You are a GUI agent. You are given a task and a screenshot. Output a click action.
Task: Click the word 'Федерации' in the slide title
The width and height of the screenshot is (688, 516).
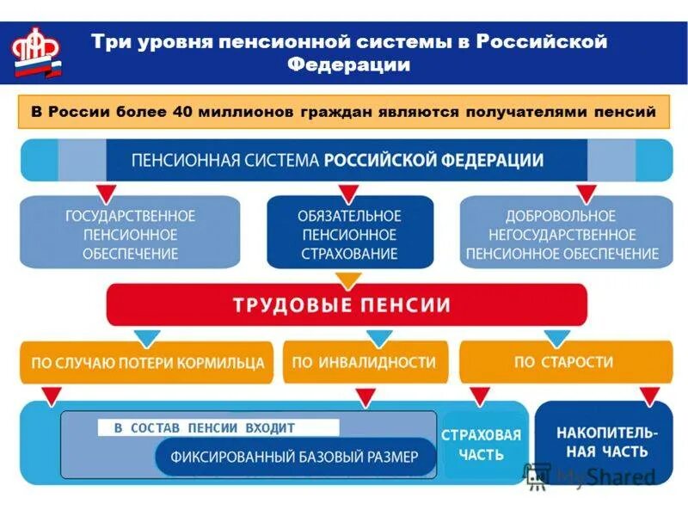tap(347, 64)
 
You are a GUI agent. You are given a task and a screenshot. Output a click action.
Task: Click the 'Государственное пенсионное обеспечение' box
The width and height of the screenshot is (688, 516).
tap(130, 234)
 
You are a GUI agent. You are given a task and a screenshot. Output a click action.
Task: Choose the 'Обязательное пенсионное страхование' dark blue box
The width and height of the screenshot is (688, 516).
tap(349, 234)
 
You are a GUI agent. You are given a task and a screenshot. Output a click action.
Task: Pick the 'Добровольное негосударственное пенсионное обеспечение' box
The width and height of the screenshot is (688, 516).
tap(562, 234)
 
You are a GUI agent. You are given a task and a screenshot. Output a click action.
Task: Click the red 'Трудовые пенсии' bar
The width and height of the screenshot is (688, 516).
tap(347, 304)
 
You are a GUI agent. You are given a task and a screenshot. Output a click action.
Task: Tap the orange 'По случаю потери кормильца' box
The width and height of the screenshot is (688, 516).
tap(147, 363)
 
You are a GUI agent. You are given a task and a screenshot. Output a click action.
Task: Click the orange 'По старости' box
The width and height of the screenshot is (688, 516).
tap(563, 362)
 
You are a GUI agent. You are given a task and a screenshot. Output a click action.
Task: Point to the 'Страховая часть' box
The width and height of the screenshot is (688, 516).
tap(481, 444)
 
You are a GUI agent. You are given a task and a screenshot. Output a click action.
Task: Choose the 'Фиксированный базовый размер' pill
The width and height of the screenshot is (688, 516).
tap(294, 457)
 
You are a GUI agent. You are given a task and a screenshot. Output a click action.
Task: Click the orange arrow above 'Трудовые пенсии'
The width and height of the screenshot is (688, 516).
tap(347, 280)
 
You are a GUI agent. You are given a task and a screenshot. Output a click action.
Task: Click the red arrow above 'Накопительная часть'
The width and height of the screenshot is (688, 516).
tap(649, 395)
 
